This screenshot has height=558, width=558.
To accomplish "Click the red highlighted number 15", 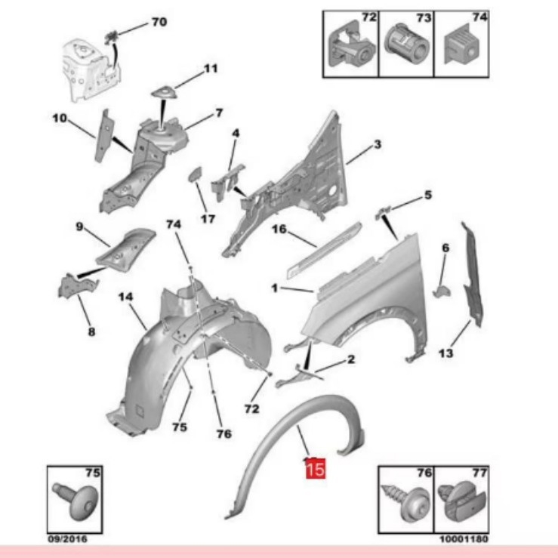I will tap(314, 469).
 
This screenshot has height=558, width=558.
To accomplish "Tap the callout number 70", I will tap(159, 22).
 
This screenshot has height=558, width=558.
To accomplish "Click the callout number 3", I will tap(377, 144).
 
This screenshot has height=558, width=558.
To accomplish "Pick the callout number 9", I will tap(78, 226).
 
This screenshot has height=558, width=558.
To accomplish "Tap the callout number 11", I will tap(210, 69).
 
